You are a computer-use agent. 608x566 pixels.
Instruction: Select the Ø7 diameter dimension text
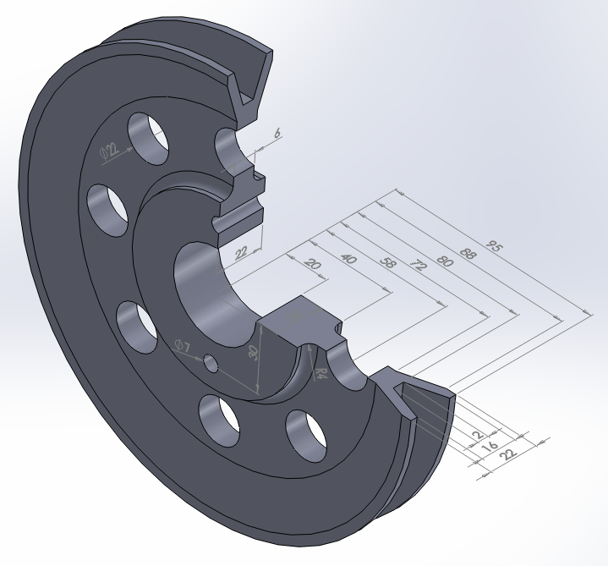point(182,345)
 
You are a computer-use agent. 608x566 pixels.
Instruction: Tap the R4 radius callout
point(320,372)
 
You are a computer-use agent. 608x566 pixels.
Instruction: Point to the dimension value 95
point(494,249)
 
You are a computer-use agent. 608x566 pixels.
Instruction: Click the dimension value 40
point(347,258)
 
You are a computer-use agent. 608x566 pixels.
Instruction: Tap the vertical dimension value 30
point(253,354)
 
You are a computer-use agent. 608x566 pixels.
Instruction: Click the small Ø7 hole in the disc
point(211,364)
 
